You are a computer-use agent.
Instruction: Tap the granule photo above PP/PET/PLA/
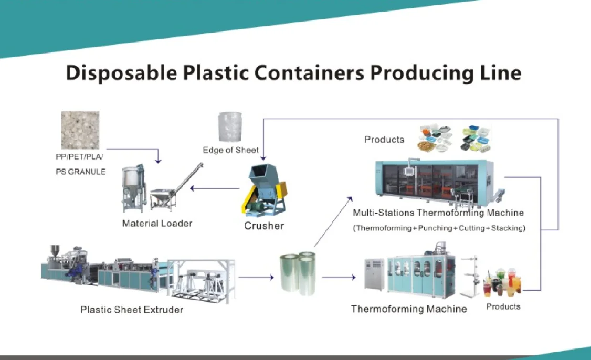(x=80, y=130)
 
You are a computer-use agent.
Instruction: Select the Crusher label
(x=264, y=226)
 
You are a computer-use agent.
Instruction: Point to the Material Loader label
(x=157, y=224)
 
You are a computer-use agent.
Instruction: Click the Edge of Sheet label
(x=230, y=150)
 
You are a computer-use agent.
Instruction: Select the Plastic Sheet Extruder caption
(x=132, y=310)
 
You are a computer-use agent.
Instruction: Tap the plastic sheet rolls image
(x=297, y=273)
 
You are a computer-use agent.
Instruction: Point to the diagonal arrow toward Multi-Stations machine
(x=333, y=220)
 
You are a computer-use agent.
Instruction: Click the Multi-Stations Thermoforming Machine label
(x=438, y=213)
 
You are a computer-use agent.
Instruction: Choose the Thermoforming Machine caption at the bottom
(x=409, y=309)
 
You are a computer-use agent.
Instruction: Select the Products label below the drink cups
(x=503, y=306)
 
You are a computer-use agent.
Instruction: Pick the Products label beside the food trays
(x=384, y=140)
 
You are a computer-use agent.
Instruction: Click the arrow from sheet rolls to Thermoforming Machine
(x=339, y=277)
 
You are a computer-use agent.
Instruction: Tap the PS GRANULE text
(x=80, y=172)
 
